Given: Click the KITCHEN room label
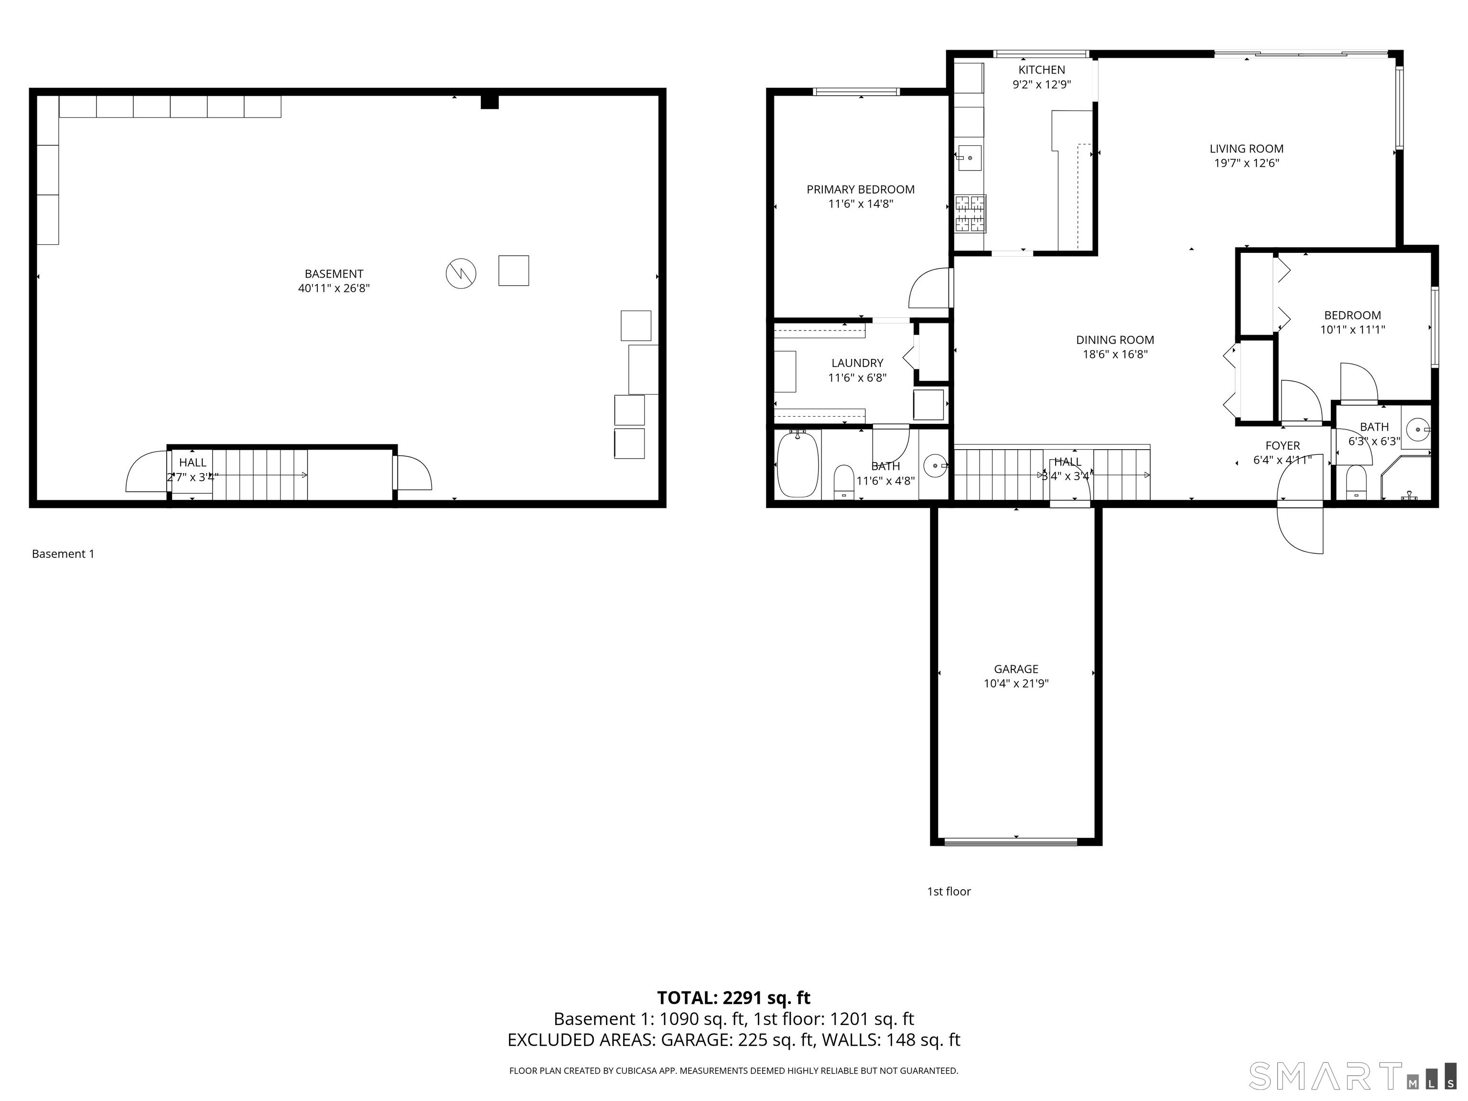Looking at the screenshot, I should (1041, 70).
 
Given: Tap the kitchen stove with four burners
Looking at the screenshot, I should (970, 214).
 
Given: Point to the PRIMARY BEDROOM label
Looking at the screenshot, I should (860, 190).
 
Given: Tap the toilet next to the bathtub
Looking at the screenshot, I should (843, 480).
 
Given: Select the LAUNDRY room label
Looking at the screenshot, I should (857, 363).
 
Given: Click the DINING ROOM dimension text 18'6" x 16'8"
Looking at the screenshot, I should (1115, 355).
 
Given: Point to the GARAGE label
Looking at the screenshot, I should (1015, 669).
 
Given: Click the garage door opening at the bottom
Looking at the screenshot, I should (1010, 842).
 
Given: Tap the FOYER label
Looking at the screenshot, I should (1282, 446).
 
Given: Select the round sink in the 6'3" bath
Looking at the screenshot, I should (1415, 430).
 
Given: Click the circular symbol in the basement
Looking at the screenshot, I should (461, 273).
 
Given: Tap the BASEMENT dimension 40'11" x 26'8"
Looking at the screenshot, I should (334, 289).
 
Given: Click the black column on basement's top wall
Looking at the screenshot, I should (489, 101).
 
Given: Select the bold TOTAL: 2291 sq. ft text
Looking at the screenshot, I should (734, 997).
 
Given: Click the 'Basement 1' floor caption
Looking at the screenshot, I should (63, 553).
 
